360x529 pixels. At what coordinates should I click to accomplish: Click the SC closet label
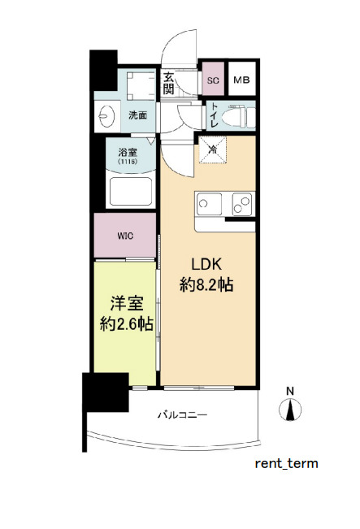(213, 80)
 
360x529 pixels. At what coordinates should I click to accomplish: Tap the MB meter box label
(241, 80)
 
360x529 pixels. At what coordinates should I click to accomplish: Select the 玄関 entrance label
(169, 83)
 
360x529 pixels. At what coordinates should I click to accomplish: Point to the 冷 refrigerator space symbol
(212, 150)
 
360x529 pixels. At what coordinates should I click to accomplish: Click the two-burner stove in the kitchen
(241, 202)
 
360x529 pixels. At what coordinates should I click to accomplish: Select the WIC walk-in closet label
(125, 236)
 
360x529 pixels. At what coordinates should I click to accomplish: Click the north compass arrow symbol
(290, 410)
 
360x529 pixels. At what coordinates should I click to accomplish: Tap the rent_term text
(287, 464)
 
